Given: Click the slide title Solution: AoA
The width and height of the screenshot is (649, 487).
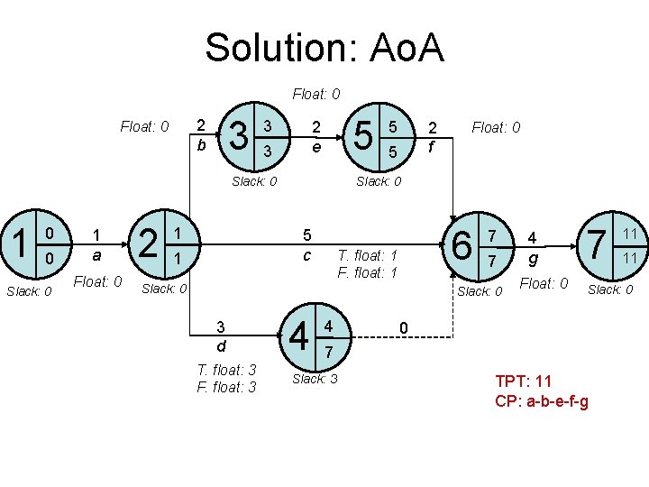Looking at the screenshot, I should coord(324,48).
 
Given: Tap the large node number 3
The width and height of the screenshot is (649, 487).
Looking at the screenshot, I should coord(241,136).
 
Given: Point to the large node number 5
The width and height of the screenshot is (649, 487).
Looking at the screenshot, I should coord(364,136).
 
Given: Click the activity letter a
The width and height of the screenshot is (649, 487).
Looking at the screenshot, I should coord(96,257).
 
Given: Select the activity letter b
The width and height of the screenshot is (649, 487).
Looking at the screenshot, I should coord(202,144).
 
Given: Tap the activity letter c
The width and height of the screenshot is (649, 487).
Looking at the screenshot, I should coord(307,256).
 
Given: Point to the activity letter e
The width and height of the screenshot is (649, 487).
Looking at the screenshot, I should coord(315,144).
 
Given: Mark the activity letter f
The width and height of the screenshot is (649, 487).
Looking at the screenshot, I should coord(433,144).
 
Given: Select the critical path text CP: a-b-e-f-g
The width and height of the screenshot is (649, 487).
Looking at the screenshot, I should coord(542,400).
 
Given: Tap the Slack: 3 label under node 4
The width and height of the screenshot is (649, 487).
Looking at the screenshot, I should coord(315,380).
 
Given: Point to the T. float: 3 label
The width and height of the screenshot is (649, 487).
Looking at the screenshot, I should coord(226,370).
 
